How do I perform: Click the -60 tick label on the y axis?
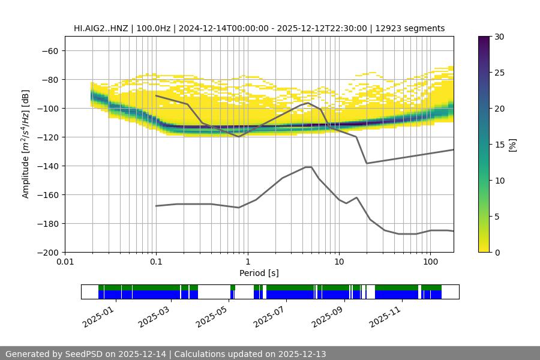(x=49, y=51)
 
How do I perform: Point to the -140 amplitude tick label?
(x=47, y=166)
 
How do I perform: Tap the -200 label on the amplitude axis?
(x=47, y=253)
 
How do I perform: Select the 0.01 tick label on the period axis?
(x=65, y=262)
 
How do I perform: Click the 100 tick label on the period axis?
(x=430, y=262)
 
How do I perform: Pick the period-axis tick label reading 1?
(x=247, y=262)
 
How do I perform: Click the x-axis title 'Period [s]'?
(x=259, y=273)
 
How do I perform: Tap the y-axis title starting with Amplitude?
(x=26, y=145)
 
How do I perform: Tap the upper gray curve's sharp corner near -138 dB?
(x=367, y=163)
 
